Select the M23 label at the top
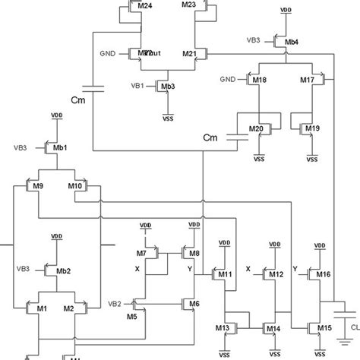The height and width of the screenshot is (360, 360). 189,5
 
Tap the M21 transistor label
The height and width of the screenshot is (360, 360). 190,54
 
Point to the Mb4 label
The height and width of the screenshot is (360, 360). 292,43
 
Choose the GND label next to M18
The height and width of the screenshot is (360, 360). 229,79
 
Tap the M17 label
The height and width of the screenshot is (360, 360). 307,79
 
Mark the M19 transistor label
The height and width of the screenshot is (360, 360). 313,129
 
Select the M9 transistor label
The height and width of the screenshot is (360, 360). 38,186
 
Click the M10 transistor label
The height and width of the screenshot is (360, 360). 75,186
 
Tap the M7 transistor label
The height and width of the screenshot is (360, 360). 141,251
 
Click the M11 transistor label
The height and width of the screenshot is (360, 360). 224,274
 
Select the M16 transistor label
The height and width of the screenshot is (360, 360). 324,274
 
